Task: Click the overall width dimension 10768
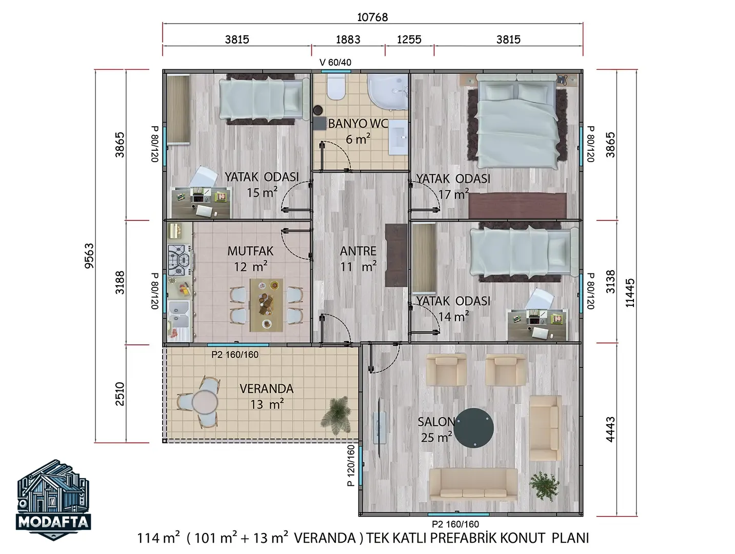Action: pos(372,17)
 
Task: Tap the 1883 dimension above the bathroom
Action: pos(348,39)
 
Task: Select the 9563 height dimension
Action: pos(89,256)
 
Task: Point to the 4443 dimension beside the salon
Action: pos(610,429)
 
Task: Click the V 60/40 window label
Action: pos(335,62)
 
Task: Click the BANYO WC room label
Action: pos(357,124)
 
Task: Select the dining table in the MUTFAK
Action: pos(266,305)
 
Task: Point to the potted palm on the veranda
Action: pos(335,415)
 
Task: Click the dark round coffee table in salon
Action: pos(475,427)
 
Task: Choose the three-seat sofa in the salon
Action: pos(473,484)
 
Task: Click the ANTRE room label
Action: pos(358,251)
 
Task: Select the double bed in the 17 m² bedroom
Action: pos(518,121)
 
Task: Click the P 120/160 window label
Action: pos(351,465)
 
